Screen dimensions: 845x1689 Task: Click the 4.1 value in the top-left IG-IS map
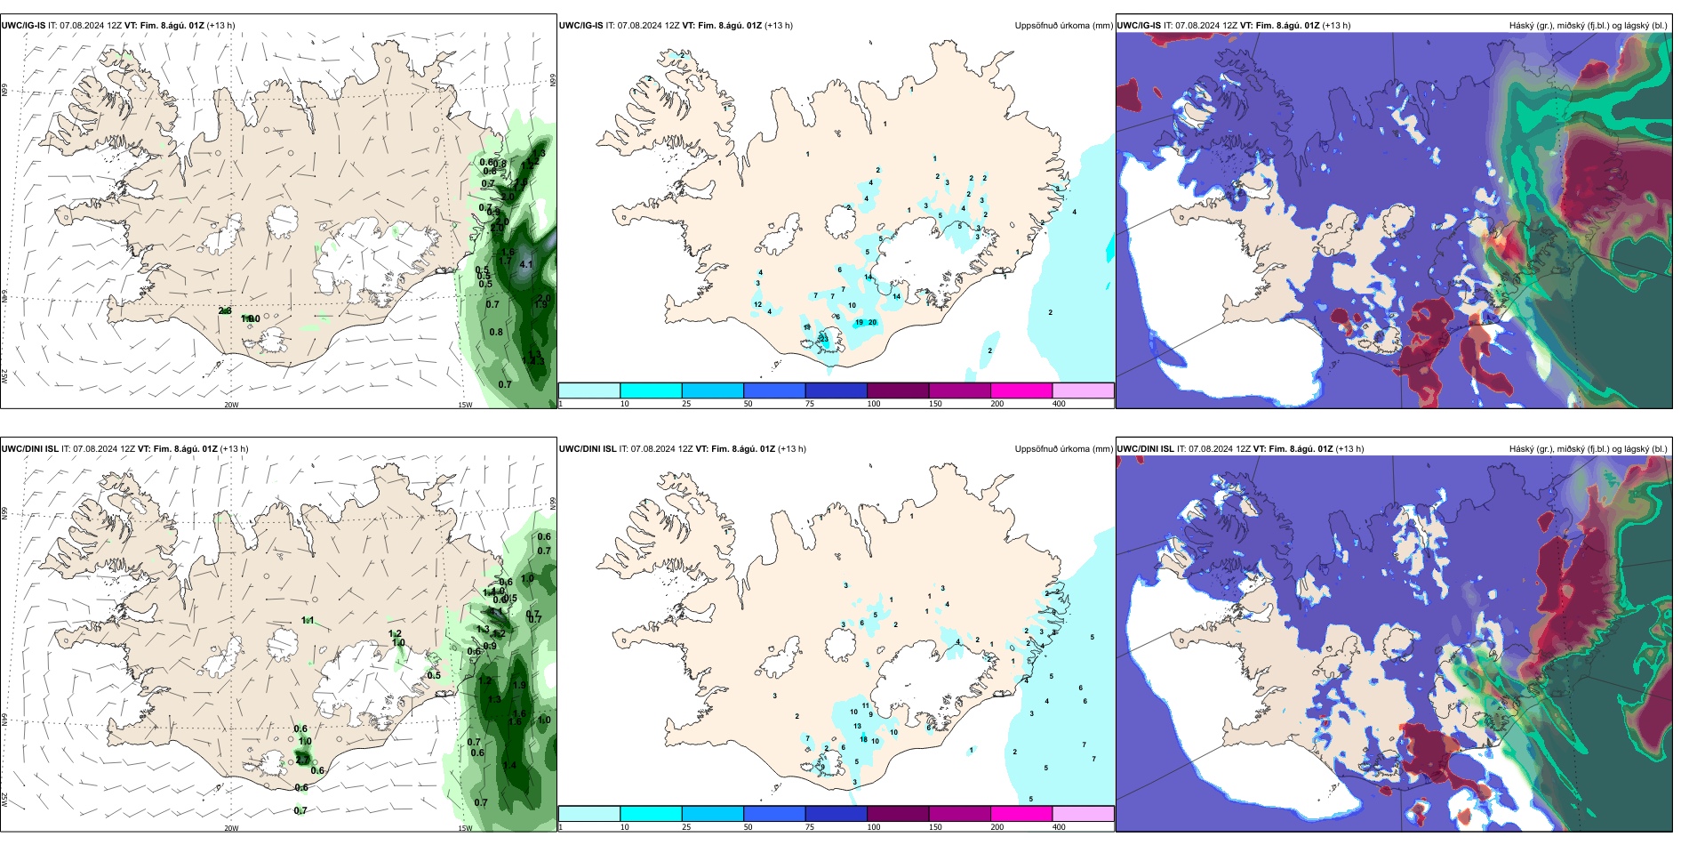tap(526, 264)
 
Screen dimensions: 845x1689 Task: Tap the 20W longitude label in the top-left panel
tap(231, 405)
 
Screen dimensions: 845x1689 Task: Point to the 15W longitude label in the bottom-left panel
tap(465, 828)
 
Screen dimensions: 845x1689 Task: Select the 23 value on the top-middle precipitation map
tap(824, 339)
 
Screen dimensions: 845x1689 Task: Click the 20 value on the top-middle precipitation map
tap(872, 323)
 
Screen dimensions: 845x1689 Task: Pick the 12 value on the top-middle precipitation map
tap(757, 305)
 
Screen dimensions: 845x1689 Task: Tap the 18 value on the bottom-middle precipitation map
tap(863, 739)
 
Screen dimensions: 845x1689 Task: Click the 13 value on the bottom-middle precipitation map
tap(857, 727)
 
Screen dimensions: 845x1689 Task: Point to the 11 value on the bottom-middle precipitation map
tap(865, 705)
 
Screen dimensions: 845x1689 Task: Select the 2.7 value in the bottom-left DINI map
tap(303, 759)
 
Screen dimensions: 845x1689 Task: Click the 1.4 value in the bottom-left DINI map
tap(509, 765)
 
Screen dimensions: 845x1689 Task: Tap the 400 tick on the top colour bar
tap(1059, 404)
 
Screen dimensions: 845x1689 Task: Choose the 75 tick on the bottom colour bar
tap(810, 827)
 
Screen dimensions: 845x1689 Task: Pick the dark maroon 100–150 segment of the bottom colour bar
tap(897, 814)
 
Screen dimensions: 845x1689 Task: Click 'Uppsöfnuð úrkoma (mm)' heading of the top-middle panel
tap(1063, 26)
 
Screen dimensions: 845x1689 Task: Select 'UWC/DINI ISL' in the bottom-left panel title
tap(29, 449)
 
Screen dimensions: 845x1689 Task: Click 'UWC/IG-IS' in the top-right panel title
tap(1138, 26)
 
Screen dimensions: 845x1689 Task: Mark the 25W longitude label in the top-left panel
tap(4, 376)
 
